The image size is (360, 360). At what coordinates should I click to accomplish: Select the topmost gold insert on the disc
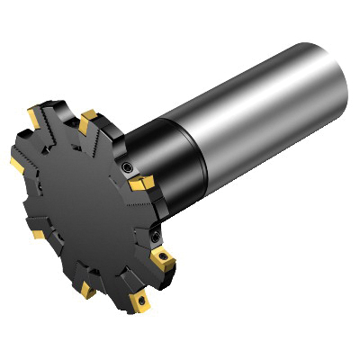pyautogui.click(x=88, y=117)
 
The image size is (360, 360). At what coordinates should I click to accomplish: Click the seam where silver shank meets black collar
pyautogui.click(x=192, y=139)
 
